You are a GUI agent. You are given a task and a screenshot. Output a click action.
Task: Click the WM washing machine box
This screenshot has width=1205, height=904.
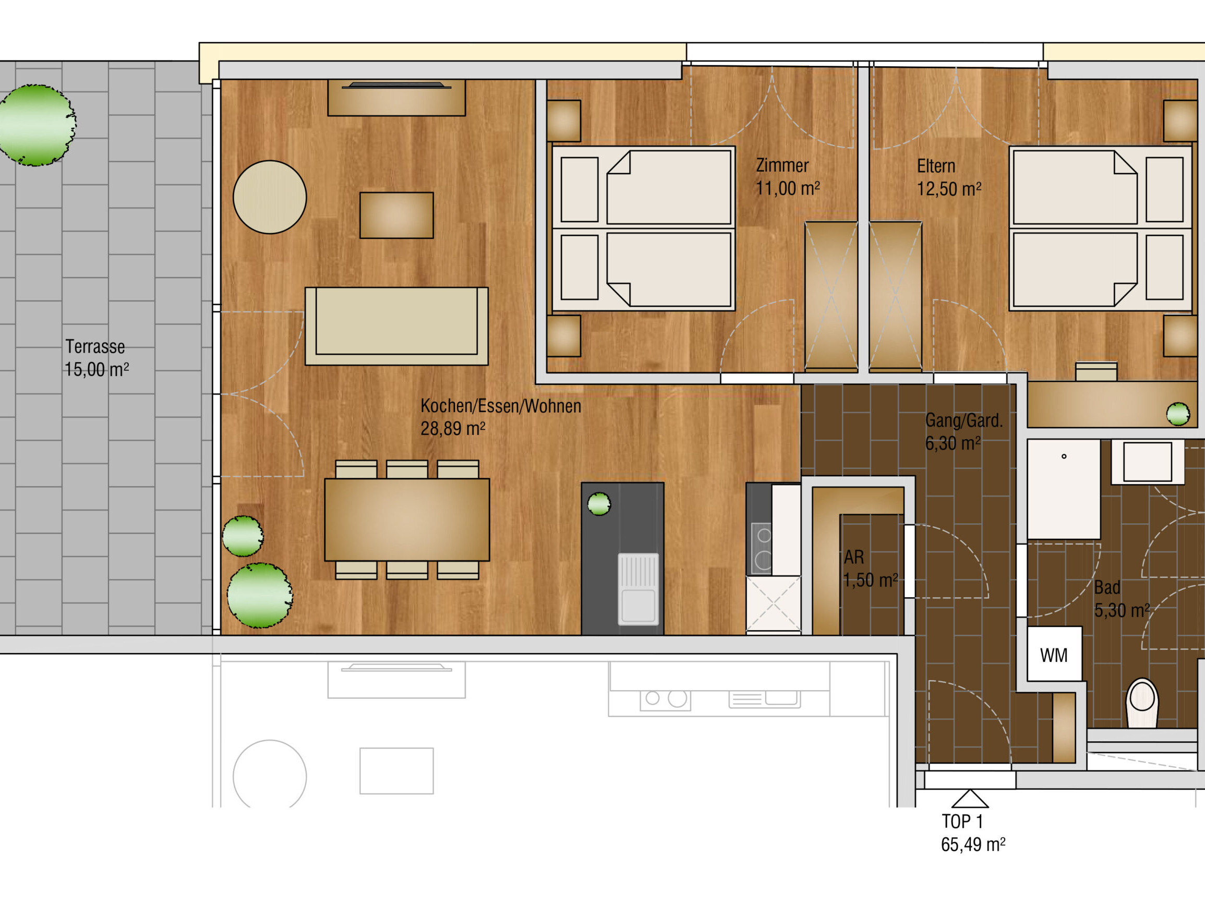coord(1054,654)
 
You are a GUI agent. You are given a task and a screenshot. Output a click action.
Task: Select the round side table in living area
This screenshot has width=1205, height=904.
coord(270,197)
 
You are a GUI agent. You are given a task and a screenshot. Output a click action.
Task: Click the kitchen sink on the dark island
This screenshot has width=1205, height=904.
coord(638,589)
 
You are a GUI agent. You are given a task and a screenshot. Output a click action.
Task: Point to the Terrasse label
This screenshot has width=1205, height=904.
coord(95,346)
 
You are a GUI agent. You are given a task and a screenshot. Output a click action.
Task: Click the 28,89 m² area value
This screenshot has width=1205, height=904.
coord(453,428)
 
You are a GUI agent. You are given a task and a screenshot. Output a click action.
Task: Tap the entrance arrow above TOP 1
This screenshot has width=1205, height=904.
coord(970,798)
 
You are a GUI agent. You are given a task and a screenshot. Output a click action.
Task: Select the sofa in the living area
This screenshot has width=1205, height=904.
coord(396,326)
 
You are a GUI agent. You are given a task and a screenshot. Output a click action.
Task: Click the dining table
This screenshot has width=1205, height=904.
coord(407,520)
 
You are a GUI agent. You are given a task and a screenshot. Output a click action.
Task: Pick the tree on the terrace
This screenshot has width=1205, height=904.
coord(37,125)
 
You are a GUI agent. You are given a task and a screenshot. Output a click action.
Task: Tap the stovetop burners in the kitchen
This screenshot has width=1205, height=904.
coord(762,548)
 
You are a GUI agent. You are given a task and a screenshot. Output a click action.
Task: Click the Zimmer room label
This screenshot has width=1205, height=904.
coord(782,165)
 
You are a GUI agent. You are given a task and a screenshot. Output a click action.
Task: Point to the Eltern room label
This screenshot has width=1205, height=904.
coord(936,166)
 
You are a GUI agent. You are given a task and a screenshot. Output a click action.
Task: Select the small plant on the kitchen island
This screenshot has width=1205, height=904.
coord(599,503)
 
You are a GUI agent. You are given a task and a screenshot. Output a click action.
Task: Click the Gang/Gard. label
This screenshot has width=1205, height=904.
coord(963,420)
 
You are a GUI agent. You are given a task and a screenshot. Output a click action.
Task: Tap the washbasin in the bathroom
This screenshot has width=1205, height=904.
coord(1147,462)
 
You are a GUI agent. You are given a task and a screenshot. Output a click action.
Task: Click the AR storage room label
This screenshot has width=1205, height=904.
coord(854,557)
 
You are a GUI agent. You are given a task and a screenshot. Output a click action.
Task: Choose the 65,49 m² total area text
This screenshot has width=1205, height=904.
coord(973,845)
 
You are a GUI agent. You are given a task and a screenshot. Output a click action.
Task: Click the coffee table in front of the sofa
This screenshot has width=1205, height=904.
coord(396,215)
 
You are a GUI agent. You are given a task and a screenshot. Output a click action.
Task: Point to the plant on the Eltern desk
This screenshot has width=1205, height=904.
coord(1178,414)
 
